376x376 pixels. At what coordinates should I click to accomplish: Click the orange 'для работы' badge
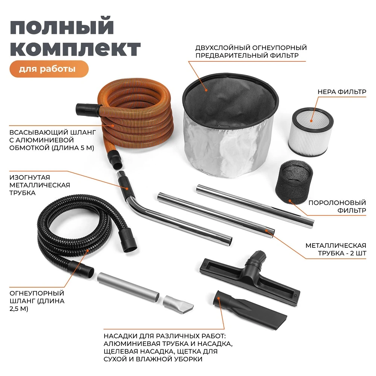[x=49, y=69]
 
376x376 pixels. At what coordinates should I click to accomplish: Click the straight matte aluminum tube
[x=128, y=288]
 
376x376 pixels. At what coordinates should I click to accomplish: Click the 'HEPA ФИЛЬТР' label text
[x=342, y=92]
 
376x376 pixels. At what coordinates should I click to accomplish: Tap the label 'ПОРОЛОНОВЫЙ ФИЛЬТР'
[x=337, y=206]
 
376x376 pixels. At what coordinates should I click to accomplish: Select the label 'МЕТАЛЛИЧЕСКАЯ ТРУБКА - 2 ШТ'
[x=335, y=249]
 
